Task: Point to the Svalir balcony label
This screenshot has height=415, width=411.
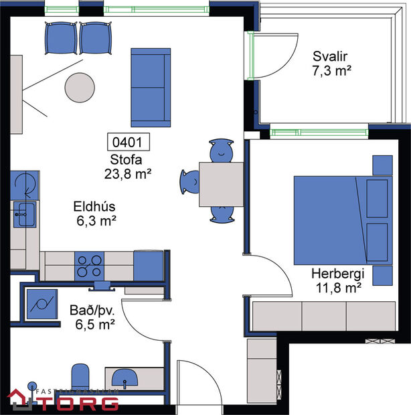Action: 332,63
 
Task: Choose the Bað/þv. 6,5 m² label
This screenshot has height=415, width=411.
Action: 92,317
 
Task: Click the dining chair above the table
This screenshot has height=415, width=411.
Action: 221,151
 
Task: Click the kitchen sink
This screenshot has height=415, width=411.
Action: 25,215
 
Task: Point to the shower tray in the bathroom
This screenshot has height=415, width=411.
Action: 42,305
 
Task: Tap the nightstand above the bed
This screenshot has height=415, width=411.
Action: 382,164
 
